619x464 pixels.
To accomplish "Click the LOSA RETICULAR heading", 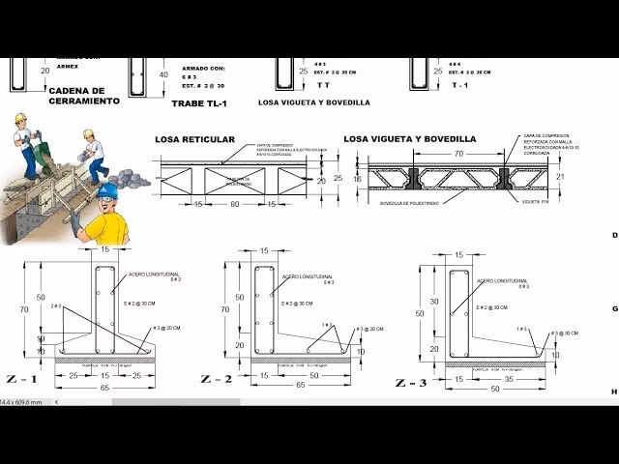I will point(194,139).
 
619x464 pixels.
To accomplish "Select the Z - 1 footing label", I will point(21,378).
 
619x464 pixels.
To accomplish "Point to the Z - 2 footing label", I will point(217,378).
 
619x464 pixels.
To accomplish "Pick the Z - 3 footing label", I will point(410,383).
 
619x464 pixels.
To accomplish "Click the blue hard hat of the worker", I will point(106,191).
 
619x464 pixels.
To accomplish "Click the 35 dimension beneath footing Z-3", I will point(510,380).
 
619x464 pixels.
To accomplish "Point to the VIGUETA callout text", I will point(535,202).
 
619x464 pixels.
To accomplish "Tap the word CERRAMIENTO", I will point(84,101).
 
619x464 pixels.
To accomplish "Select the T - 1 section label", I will point(460,85).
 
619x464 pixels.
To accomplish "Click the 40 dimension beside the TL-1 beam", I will point(163,74).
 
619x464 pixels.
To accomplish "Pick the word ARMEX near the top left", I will point(68,66).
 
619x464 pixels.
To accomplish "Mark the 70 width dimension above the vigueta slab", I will point(457,154).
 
